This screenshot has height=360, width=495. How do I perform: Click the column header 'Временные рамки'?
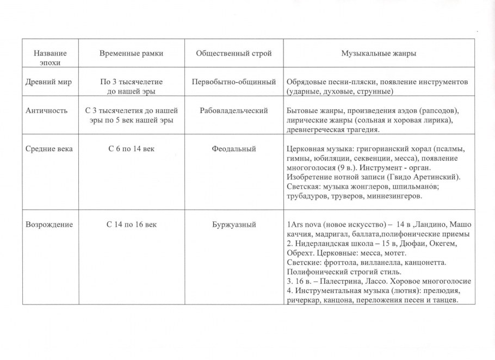[132, 54]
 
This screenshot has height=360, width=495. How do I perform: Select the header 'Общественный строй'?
[234, 54]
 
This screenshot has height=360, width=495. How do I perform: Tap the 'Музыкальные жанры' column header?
[379, 54]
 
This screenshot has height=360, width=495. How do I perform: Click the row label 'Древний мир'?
[49, 82]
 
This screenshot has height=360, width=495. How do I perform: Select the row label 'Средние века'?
[49, 149]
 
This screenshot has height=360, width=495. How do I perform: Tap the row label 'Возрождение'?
[49, 224]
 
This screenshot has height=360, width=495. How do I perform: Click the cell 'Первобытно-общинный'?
[234, 82]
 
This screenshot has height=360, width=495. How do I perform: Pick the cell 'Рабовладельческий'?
[234, 111]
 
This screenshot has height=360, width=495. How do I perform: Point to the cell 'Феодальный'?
[234, 149]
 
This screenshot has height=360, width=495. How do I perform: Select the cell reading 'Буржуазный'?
[234, 224]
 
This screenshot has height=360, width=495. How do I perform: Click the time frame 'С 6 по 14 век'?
[132, 149]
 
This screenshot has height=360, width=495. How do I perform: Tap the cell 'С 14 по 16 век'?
[132, 224]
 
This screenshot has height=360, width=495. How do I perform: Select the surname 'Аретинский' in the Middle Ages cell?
[437, 177]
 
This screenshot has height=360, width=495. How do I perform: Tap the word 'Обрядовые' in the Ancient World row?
[305, 82]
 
